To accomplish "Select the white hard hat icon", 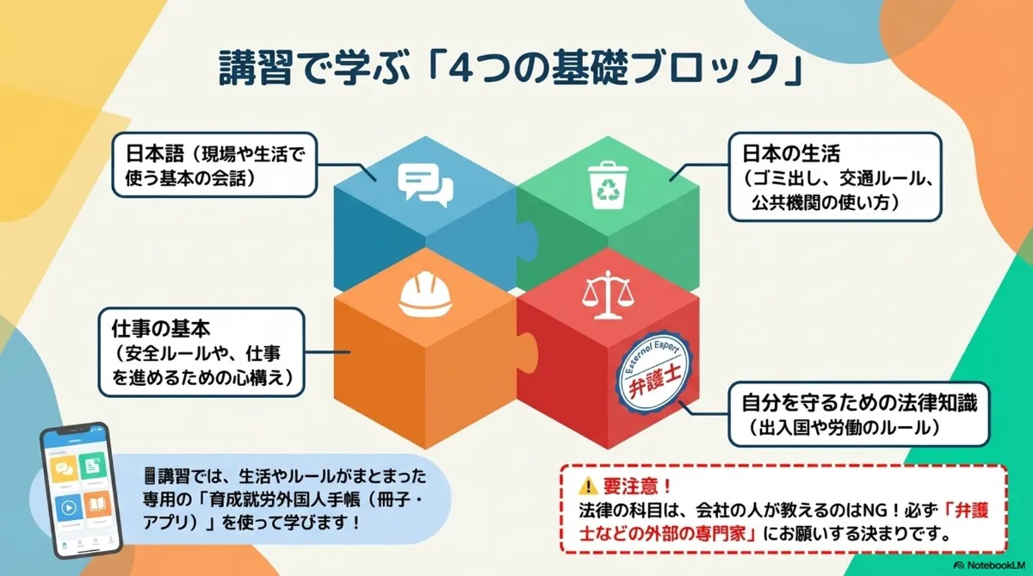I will pos(426,295).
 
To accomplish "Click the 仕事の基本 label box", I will pos(202,353).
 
